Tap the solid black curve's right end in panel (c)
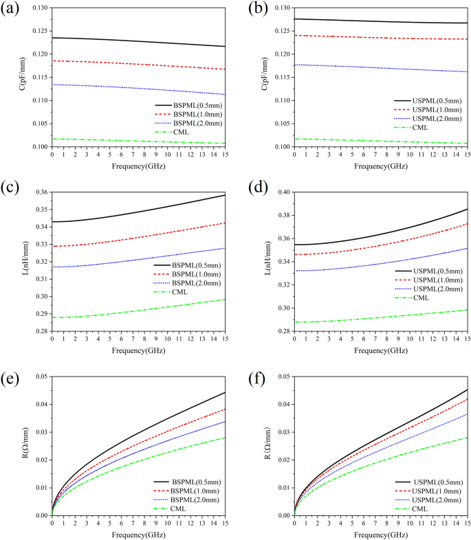pyautogui.click(x=225, y=195)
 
